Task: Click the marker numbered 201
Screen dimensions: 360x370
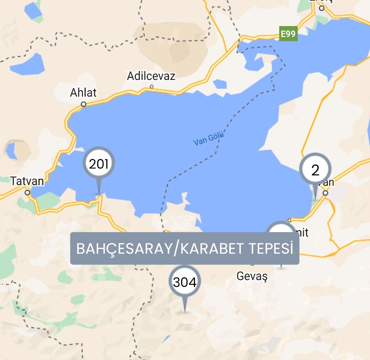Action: click(99, 164)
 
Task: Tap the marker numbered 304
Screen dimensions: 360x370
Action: click(185, 282)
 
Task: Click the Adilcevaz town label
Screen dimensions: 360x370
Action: click(151, 76)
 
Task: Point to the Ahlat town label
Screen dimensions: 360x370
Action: click(83, 93)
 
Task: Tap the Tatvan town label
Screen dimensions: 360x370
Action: click(27, 181)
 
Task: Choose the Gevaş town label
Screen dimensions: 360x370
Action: click(252, 276)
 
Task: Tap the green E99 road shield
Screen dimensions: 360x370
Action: click(288, 34)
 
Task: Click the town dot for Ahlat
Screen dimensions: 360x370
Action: click(83, 104)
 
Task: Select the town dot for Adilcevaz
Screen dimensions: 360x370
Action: click(151, 87)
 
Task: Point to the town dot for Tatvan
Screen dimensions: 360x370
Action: click(27, 193)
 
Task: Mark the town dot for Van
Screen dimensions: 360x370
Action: click(325, 193)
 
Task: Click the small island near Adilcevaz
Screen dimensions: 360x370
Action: click(220, 84)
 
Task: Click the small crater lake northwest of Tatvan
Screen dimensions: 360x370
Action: click(11, 151)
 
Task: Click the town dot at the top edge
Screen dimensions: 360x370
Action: click(321, 8)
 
